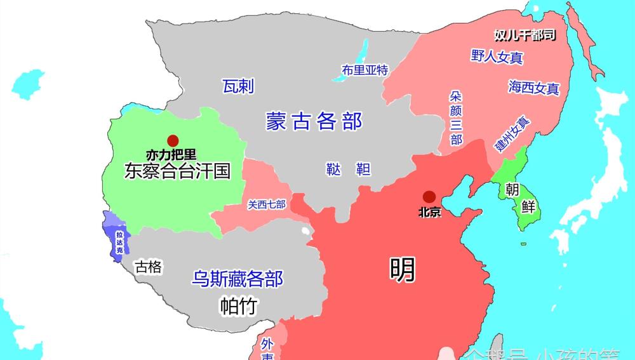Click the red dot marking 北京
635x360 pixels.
tap(430, 197)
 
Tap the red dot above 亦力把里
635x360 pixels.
tap(171, 140)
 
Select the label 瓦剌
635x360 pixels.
tap(238, 86)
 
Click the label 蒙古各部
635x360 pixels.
tap(314, 121)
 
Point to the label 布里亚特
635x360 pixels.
tap(364, 70)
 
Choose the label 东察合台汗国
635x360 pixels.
tap(177, 171)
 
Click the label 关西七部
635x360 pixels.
tap(267, 204)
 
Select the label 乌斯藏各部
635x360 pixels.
tap(237, 279)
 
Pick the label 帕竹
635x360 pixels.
tap(238, 306)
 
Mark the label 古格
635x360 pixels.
tap(149, 267)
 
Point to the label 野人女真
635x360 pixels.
tap(497, 57)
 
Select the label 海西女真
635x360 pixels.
tap(533, 88)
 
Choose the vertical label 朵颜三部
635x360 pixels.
tap(456, 118)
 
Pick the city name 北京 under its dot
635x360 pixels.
tap(430, 212)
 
